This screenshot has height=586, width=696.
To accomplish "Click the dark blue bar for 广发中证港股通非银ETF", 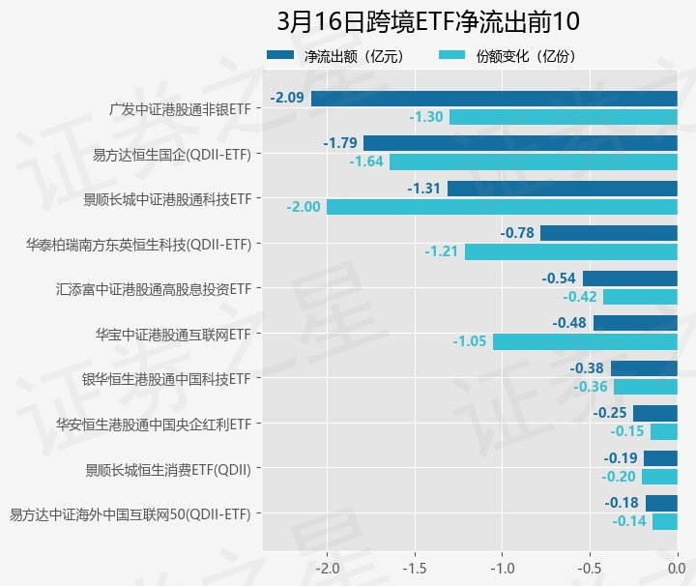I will (x=494, y=98).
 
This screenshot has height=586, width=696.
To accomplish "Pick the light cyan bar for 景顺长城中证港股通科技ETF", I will (x=502, y=207).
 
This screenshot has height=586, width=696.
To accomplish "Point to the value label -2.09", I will (x=288, y=98).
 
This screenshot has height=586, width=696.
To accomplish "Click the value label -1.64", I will (x=366, y=161).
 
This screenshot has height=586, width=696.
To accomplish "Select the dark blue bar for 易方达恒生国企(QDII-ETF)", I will (x=520, y=143).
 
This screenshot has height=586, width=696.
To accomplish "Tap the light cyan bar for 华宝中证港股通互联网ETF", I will (x=585, y=341).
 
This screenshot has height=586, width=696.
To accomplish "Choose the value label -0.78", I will (x=518, y=233).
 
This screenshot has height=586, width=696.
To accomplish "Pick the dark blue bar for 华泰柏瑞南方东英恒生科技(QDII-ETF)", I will (x=608, y=233).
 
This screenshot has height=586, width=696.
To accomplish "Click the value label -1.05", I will (x=470, y=341).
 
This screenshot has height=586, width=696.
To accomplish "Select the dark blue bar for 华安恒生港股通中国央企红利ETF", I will (x=654, y=413).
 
